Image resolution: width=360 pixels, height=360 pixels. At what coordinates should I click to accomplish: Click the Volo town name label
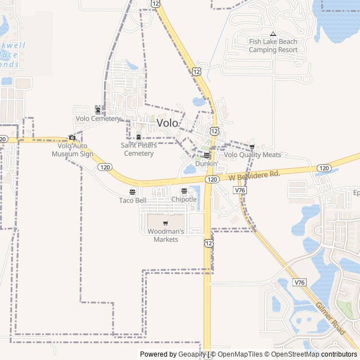(x=168, y=123)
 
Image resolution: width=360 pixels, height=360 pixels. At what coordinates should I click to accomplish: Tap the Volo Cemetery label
(x=98, y=119)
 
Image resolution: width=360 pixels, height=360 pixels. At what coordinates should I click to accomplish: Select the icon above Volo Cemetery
(x=98, y=109)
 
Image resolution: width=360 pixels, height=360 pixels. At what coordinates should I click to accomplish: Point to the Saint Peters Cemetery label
(x=138, y=149)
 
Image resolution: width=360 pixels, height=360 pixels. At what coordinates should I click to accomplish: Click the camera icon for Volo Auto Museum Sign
(x=72, y=137)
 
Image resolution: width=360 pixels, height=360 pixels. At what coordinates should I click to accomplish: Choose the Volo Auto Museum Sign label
(x=73, y=150)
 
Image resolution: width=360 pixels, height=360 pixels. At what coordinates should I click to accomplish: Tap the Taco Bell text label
(x=133, y=200)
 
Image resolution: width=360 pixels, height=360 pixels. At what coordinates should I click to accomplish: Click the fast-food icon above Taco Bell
(x=133, y=191)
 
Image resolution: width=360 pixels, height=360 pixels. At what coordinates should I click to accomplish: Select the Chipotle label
(x=184, y=200)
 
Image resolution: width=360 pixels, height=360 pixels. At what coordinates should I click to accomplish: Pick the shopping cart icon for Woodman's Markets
(x=165, y=223)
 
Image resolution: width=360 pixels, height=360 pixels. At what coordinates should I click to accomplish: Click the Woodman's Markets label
(x=166, y=235)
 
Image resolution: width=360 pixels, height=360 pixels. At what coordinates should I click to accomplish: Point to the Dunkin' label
(x=206, y=163)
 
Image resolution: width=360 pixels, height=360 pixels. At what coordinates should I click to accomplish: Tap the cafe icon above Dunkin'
(x=206, y=155)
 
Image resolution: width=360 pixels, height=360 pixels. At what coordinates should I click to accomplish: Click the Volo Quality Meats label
(x=252, y=155)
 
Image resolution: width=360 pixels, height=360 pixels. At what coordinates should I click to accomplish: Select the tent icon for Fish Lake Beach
(x=273, y=34)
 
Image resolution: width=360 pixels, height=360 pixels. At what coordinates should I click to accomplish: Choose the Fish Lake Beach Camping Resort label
(x=273, y=46)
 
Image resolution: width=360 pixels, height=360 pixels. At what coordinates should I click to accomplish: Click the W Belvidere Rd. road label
(x=255, y=176)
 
